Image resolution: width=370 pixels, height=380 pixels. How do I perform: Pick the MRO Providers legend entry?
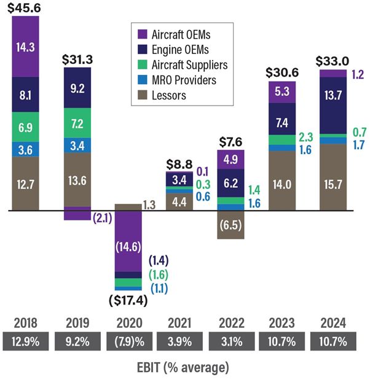184,80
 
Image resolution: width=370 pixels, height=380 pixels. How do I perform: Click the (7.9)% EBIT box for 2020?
128,341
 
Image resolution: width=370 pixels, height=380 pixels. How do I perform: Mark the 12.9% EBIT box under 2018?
25,341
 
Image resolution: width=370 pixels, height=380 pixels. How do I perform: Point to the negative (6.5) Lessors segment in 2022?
231,225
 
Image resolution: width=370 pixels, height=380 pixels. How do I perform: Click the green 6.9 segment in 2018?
25,128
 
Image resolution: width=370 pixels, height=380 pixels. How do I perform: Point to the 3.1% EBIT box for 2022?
230,341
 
